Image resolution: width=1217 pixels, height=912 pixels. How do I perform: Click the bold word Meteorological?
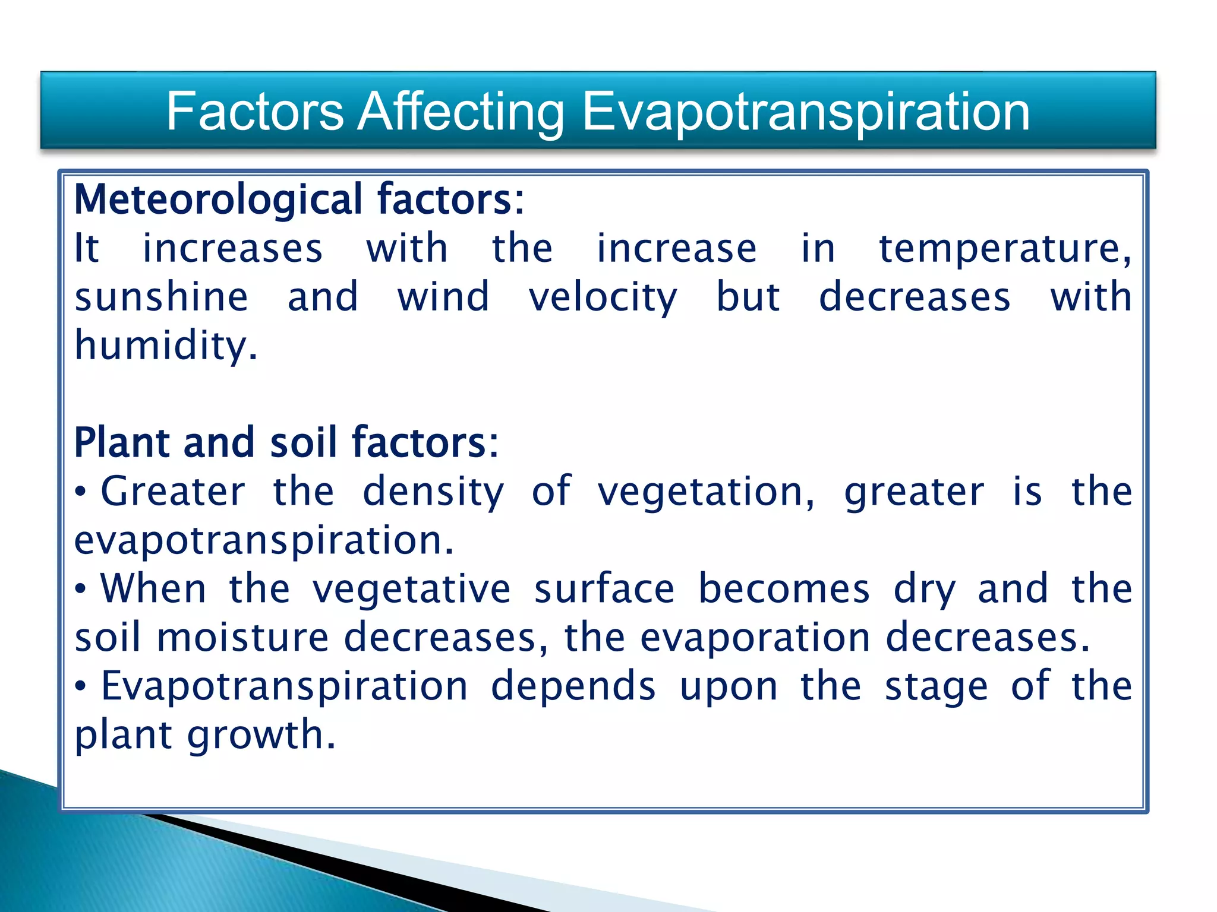click(x=217, y=199)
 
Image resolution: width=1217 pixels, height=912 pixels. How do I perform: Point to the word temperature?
click(x=1004, y=249)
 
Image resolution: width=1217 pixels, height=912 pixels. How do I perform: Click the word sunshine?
click(x=161, y=297)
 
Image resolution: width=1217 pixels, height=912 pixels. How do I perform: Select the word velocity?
click(x=603, y=299)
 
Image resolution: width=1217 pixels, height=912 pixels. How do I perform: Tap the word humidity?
click(x=165, y=347)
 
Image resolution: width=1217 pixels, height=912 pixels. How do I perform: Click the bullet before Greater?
click(x=81, y=493)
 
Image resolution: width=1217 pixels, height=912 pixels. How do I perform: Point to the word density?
click(x=433, y=493)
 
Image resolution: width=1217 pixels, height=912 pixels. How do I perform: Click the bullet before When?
click(x=81, y=590)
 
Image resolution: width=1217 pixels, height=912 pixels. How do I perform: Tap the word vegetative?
click(x=411, y=590)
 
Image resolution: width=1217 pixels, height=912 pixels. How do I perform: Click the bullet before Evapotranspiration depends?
click(x=81, y=688)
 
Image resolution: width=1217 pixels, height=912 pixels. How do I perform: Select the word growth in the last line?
click(x=261, y=736)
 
